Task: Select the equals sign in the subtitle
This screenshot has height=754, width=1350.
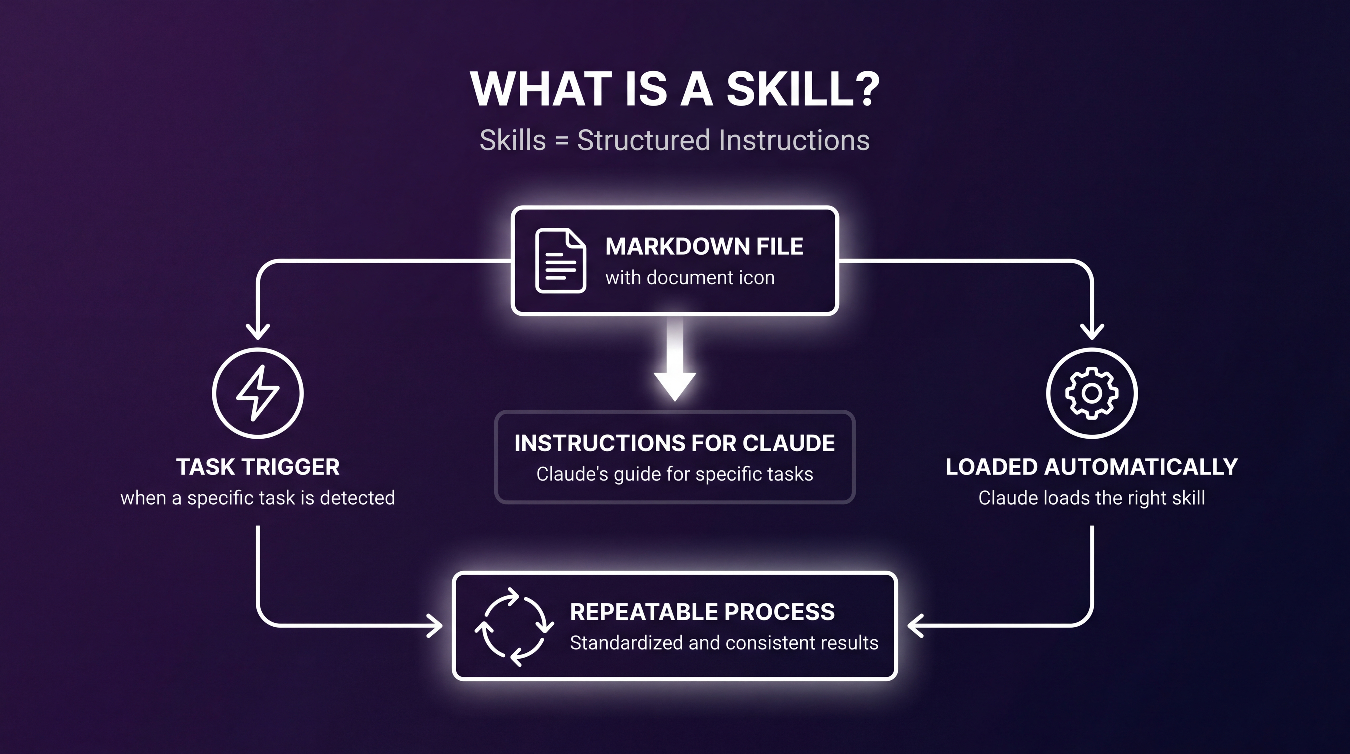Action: [562, 141]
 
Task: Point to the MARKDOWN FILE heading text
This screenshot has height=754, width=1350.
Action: [704, 246]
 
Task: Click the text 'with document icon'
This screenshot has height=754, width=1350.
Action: [690, 277]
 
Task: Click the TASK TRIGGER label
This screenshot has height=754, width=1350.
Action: [258, 467]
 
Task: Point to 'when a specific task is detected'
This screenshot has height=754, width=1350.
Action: [258, 498]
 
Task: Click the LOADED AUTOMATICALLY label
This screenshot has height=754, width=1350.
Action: [1092, 467]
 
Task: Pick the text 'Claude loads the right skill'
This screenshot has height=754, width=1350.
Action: [1092, 498]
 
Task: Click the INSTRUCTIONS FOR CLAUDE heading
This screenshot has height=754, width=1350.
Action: [675, 443]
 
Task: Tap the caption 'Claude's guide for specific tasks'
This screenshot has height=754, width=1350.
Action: [675, 474]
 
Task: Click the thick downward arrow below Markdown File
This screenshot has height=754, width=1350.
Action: [675, 367]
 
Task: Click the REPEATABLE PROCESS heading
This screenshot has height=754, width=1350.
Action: [702, 612]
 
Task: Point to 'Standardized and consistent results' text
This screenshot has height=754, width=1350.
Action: [724, 643]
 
